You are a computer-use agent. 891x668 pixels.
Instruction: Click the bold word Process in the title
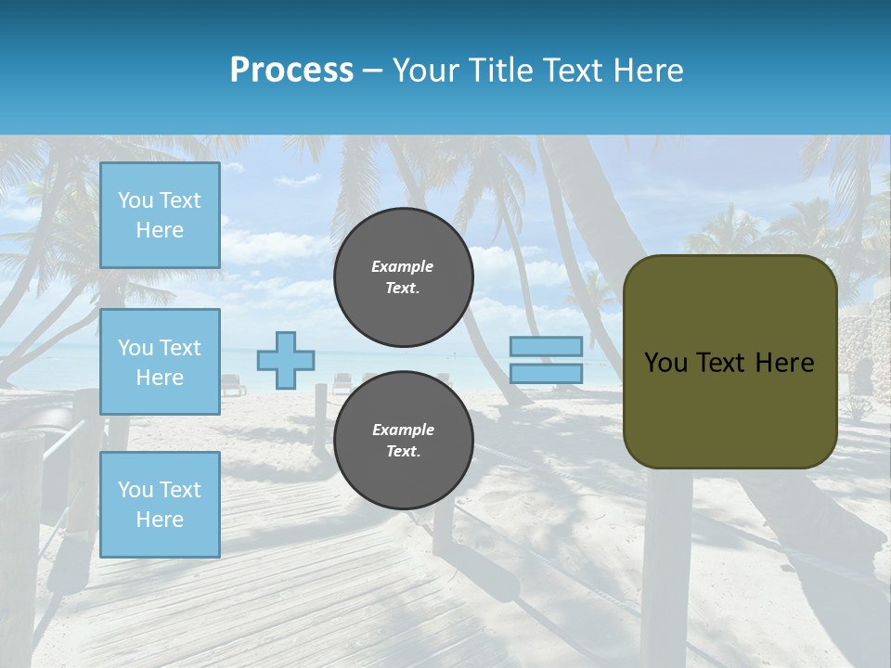[x=291, y=71]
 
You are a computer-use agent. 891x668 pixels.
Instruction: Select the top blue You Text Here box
[x=160, y=215]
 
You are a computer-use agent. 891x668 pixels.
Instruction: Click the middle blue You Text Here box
[x=160, y=362]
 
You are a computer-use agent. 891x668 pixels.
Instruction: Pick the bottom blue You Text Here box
[x=160, y=505]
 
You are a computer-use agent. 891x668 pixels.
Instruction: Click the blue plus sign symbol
[x=286, y=360]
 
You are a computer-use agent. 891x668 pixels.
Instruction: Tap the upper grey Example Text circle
[x=403, y=276]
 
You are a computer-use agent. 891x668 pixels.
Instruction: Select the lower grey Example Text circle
[x=403, y=440]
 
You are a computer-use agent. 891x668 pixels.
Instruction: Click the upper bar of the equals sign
[x=546, y=346]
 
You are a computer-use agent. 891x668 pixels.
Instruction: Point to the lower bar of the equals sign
[x=546, y=373]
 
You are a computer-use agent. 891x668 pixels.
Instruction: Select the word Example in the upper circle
[x=403, y=266]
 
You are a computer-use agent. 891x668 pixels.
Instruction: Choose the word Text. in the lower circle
[x=403, y=451]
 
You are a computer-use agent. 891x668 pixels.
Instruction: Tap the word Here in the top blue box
[x=160, y=230]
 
